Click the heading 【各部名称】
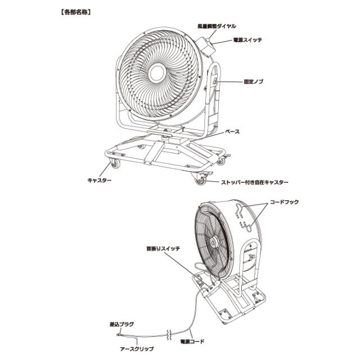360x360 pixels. [76, 12]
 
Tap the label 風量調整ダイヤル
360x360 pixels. [217, 26]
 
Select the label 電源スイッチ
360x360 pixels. [247, 40]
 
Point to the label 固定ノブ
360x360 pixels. [254, 82]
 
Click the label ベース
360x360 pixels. [232, 132]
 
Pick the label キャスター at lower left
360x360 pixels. [100, 180]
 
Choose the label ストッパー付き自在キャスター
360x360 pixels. [254, 182]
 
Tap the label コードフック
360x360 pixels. [284, 202]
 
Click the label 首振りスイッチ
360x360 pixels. [163, 249]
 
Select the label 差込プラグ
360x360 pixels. [121, 325]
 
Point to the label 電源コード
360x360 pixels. [192, 341]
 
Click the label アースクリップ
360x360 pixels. [137, 349]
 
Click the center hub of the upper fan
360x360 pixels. [157, 73]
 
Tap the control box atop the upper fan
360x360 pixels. [205, 47]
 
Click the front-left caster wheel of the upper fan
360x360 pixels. [115, 164]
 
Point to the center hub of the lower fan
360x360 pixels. [214, 242]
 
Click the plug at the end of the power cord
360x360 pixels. [119, 334]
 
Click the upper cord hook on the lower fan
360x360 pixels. [238, 209]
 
